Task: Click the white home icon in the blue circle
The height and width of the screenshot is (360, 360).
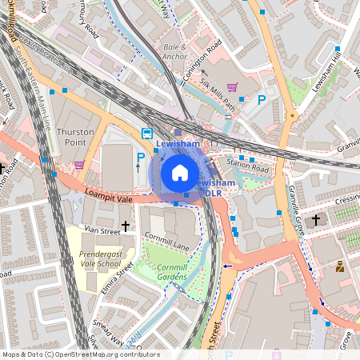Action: tap(180, 172)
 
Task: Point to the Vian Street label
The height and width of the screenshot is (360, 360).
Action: tap(102, 230)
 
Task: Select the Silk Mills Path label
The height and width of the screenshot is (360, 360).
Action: tap(219, 101)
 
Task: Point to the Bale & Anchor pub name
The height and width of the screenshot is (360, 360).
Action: tap(174, 52)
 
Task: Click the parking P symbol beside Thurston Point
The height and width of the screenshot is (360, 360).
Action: tap(141, 158)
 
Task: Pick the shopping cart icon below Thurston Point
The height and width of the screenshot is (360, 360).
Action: tap(79, 165)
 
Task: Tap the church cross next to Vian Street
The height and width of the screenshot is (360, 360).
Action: tap(125, 227)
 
